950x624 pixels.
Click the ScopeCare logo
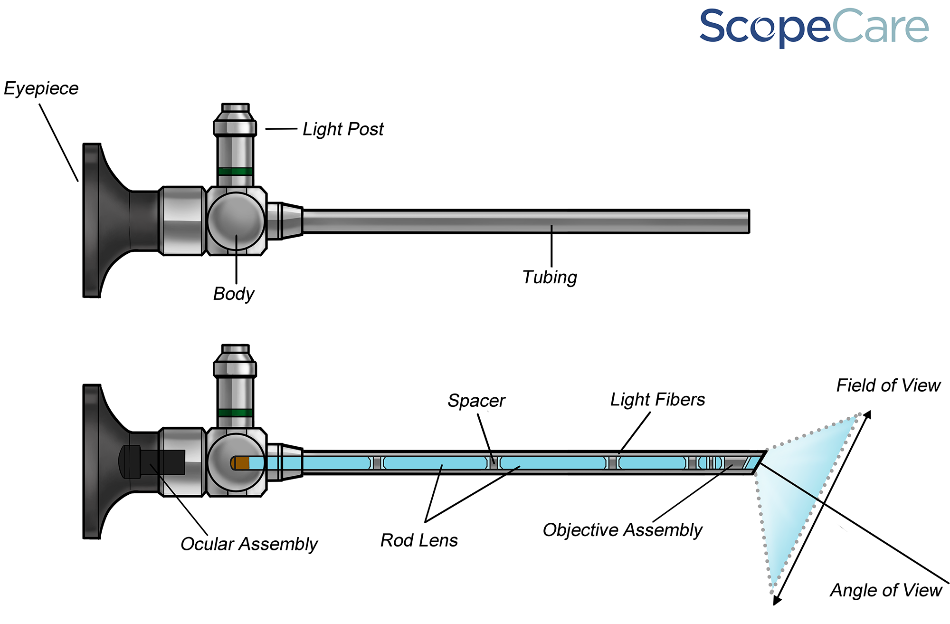tap(814, 27)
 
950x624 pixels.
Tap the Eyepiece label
tap(41, 89)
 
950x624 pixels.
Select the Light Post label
tap(343, 129)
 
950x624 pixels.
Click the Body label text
tap(233, 294)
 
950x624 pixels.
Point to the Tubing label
tap(550, 277)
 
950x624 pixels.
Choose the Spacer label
tap(476, 401)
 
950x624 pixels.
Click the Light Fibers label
tap(657, 400)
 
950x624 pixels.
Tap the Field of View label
tap(888, 385)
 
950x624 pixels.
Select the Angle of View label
tap(886, 590)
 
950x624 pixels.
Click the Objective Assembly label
tap(622, 530)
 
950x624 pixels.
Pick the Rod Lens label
tap(419, 540)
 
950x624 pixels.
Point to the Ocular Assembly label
tap(249, 544)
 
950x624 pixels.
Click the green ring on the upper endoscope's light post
tap(235, 172)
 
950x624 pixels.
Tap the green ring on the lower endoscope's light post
tap(235, 413)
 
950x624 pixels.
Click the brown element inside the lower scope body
tap(242, 463)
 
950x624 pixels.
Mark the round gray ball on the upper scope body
tap(236, 221)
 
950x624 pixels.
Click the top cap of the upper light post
tap(236, 108)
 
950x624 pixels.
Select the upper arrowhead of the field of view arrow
tap(867, 414)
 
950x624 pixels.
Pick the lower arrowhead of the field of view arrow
tap(776, 600)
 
